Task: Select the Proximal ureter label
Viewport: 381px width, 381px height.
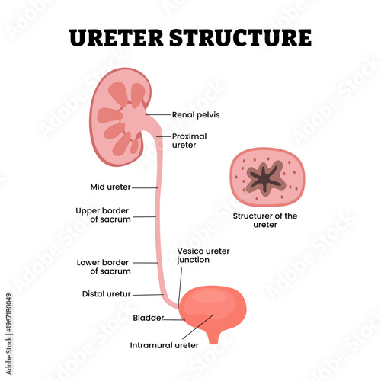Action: point(189,142)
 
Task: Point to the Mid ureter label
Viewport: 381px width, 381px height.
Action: point(110,186)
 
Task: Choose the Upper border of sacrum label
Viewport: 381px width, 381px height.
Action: point(104,215)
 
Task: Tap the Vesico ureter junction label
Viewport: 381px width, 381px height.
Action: point(203,255)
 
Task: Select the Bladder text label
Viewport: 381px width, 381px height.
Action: point(147,319)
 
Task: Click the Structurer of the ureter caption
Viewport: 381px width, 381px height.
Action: point(265,220)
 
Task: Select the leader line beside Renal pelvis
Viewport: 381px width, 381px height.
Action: point(158,114)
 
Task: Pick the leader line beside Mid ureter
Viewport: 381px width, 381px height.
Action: point(146,186)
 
